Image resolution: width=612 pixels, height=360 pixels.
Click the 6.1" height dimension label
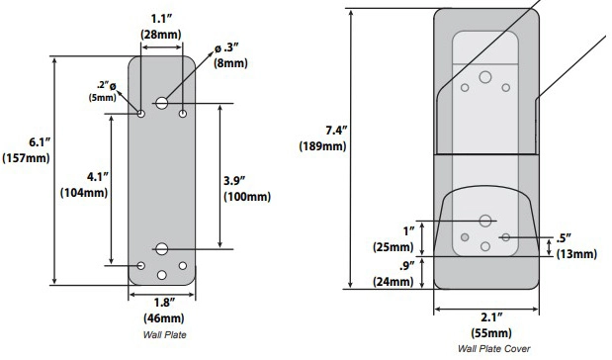click(x=40, y=142)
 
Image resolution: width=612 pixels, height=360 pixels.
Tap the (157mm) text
click(x=26, y=158)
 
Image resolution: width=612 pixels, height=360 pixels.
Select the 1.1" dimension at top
click(x=161, y=19)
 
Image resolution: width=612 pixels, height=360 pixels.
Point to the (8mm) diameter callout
click(x=230, y=63)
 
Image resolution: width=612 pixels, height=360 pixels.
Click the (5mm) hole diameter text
click(x=102, y=98)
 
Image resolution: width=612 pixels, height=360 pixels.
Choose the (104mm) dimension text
click(x=84, y=193)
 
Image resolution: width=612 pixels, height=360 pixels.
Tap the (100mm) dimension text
click(x=247, y=197)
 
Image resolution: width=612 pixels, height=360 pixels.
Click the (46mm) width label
click(x=164, y=318)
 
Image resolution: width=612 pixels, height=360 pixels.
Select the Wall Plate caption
click(x=165, y=334)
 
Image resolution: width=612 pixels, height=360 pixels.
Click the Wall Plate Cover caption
click(x=493, y=348)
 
